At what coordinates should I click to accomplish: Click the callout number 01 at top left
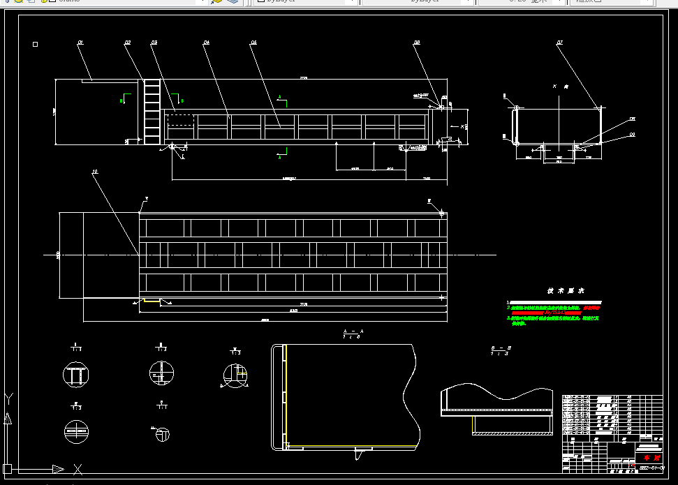coord(80,43)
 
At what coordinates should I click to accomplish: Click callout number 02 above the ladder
coord(128,43)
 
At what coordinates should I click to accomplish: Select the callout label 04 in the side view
coord(207,43)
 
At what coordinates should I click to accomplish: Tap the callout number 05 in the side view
coord(253,43)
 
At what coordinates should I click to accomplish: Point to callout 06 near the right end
coord(417,43)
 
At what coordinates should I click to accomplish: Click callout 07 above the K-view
coord(560,43)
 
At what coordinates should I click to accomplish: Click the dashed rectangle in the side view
coord(180,119)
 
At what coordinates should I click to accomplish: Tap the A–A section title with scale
coord(353,334)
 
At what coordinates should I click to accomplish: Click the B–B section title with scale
coord(501,350)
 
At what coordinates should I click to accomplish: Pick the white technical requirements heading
coord(561,290)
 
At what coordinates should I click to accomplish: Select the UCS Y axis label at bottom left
coord(8,398)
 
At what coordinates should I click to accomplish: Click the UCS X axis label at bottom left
coord(78,469)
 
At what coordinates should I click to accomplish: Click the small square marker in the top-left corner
coord(36,44)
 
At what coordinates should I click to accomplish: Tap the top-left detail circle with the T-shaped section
coord(75,374)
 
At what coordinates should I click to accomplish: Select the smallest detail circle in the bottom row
coord(161,434)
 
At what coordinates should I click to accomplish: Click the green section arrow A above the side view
coord(281,96)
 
